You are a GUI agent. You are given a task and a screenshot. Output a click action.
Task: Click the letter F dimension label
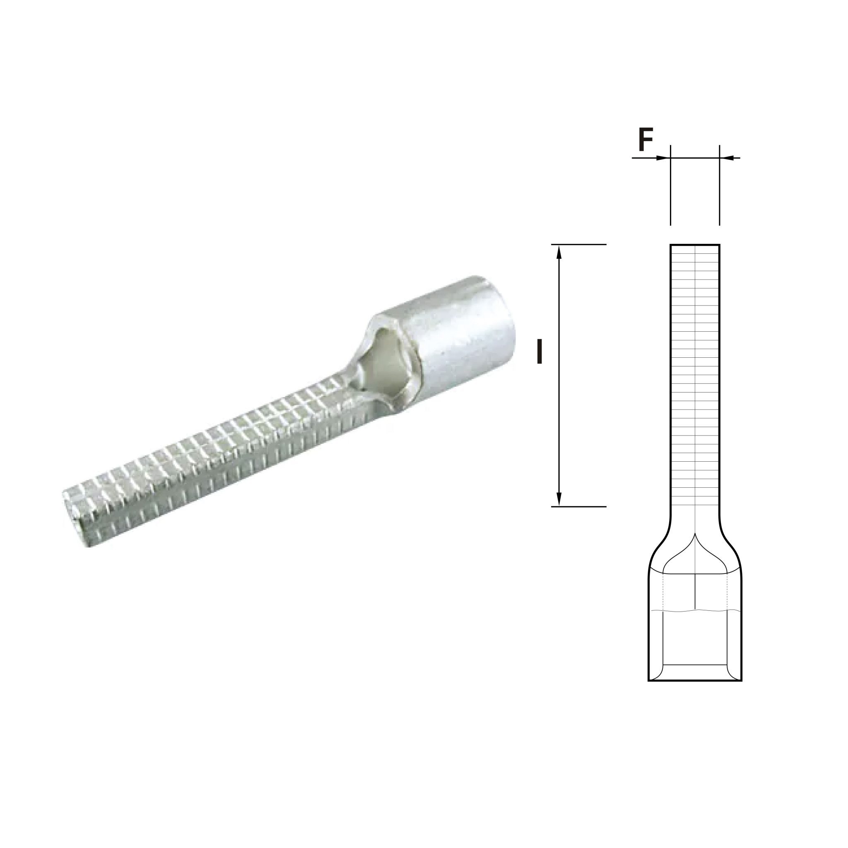(645, 140)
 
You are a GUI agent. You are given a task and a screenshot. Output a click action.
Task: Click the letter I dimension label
(540, 352)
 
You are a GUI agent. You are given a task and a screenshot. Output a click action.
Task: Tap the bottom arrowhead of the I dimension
(559, 500)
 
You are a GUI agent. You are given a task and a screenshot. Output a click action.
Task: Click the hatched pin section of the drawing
(695, 373)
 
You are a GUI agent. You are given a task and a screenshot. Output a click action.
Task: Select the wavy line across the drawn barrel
(695, 611)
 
